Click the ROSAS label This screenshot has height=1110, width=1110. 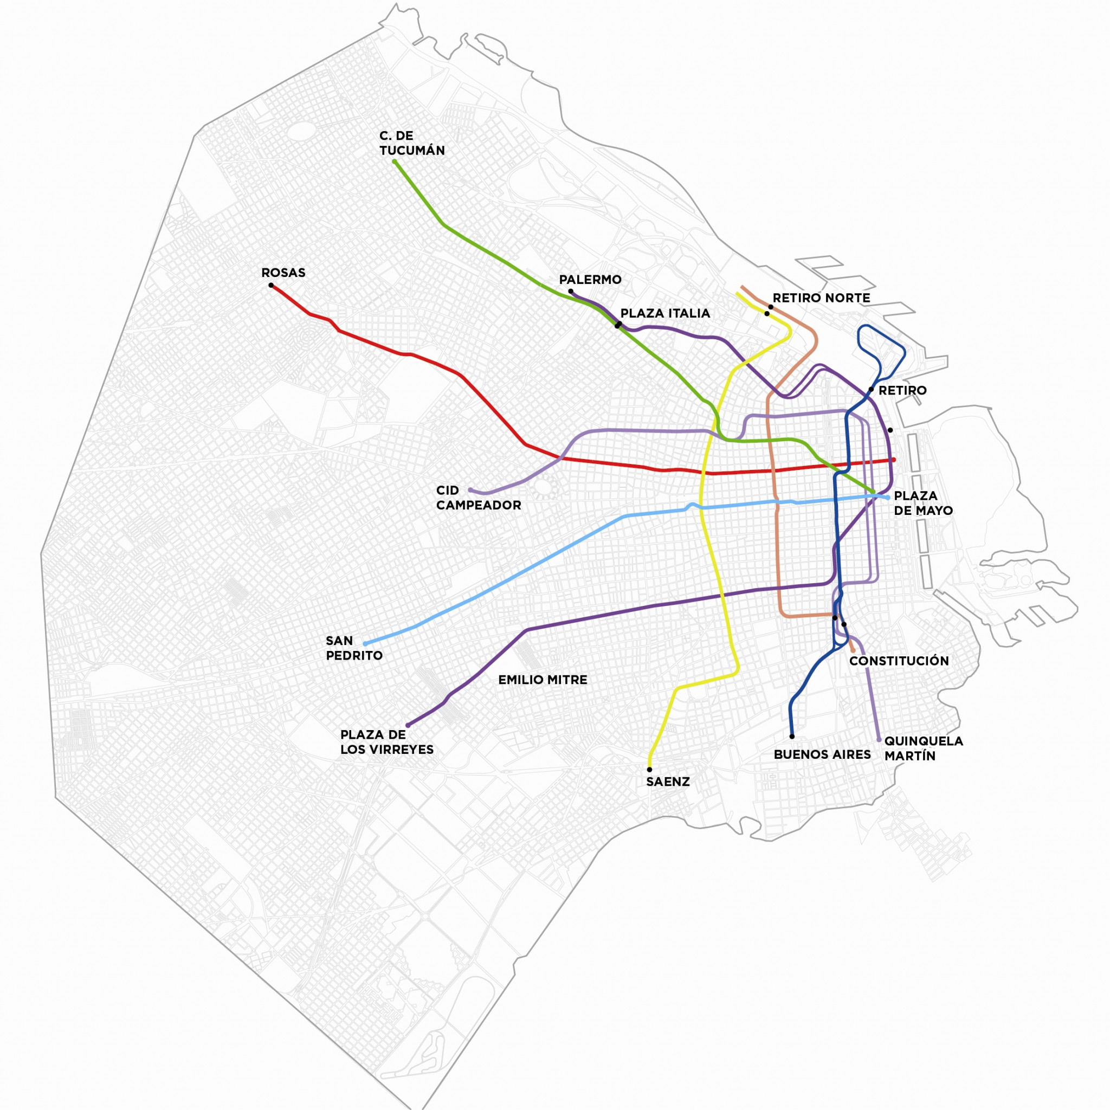pos(283,273)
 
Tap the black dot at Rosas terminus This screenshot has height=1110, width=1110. pos(271,286)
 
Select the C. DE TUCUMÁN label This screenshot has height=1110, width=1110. pos(411,143)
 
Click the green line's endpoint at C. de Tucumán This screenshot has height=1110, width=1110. pos(395,162)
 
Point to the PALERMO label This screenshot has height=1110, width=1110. pos(590,280)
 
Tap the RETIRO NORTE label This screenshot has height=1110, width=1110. pos(821,298)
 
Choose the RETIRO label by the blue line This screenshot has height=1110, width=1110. pos(902,391)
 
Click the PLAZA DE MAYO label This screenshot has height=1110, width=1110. pos(922,503)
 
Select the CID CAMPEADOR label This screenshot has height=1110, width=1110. pos(478,498)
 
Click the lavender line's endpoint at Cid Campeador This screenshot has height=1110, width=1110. pos(470,490)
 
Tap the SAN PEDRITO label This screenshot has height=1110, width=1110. pos(354,648)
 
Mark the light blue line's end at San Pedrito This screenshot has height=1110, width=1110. pos(365,644)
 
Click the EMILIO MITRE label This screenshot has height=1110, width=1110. pos(543,680)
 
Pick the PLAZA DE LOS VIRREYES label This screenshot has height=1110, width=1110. pos(386,742)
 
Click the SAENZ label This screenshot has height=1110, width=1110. pos(668,782)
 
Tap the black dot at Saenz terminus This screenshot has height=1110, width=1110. pos(650,769)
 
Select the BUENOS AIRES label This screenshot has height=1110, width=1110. pos(822,754)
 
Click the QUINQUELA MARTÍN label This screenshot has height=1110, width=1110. pos(923,748)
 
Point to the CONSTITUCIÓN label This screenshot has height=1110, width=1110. pos(899,661)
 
